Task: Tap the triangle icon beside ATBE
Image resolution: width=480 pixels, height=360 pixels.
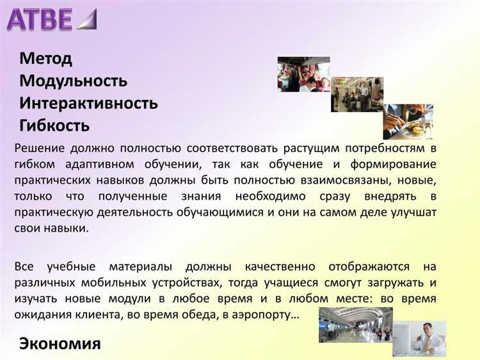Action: (x=86, y=20)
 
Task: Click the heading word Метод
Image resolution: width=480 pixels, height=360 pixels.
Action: (x=45, y=59)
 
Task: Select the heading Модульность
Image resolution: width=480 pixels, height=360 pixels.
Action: (x=73, y=81)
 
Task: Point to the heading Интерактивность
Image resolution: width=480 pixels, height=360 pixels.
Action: (x=88, y=103)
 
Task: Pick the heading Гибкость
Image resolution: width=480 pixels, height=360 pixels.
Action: (x=54, y=125)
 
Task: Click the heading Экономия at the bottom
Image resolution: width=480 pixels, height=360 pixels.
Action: (x=60, y=343)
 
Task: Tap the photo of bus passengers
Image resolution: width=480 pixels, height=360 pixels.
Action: (x=303, y=74)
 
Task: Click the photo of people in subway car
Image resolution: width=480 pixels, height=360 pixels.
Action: (x=356, y=94)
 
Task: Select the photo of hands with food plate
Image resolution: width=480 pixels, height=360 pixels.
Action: (x=408, y=121)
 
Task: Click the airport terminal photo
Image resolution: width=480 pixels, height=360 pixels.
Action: (x=356, y=324)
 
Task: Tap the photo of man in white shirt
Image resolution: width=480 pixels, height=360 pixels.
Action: (x=429, y=338)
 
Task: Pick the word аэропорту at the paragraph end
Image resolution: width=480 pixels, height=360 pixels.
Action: (x=264, y=315)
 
